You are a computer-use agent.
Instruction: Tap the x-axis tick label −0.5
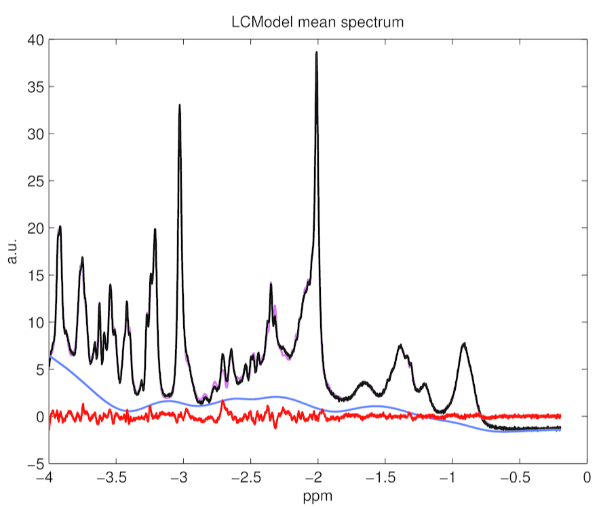tap(517, 478)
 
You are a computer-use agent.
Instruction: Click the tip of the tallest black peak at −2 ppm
tap(317, 52)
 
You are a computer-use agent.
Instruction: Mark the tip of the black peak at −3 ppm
tap(180, 104)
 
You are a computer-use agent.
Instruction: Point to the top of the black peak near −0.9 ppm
tap(465, 344)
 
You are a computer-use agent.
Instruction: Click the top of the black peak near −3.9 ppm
tap(60, 226)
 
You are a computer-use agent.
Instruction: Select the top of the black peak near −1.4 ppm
tap(401, 346)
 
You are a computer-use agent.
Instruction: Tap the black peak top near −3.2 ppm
tap(155, 229)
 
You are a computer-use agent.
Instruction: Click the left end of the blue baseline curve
tap(49, 355)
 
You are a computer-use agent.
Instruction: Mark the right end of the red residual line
tap(561, 415)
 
